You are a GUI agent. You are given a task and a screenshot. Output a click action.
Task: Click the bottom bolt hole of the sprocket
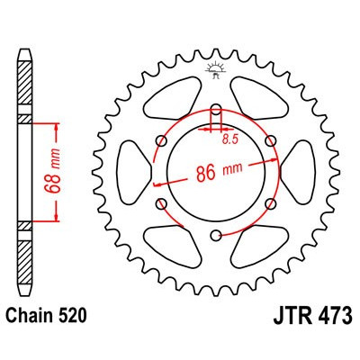(x=215, y=236)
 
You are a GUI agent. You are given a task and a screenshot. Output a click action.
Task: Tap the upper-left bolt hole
(x=162, y=140)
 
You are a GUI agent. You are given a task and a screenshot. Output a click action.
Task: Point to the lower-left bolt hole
(x=160, y=205)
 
